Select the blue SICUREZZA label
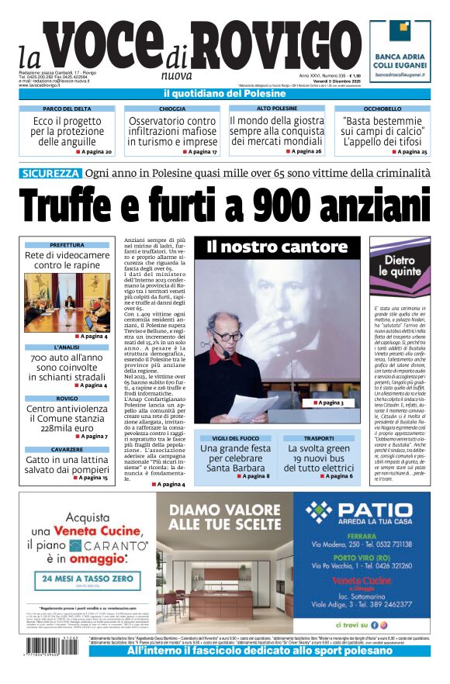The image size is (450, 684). pos(52,173)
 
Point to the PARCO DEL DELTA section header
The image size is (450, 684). pos(67,109)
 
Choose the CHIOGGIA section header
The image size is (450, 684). pos(172,109)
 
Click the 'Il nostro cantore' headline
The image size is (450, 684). pos(277,247)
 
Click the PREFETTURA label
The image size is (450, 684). pos(67,245)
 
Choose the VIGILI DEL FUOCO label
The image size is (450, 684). pos(235,438)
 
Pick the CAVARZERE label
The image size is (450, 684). pos(67,450)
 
